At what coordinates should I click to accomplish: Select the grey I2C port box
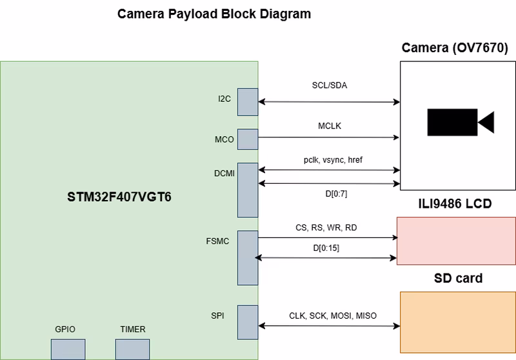[248, 101]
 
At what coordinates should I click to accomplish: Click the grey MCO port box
[248, 139]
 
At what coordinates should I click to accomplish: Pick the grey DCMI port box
[248, 190]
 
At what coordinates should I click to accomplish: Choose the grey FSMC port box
[248, 257]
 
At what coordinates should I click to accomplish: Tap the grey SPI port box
[248, 322]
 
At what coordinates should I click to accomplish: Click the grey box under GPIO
[68, 349]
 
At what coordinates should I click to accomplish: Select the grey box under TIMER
[132, 349]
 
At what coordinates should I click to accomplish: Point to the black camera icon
[460, 122]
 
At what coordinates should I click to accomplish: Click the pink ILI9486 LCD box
[456, 241]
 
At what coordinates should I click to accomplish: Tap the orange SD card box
[458, 321]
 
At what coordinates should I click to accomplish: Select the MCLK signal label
[329, 126]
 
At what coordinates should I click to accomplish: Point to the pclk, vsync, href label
[329, 159]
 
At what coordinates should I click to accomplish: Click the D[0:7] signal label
[329, 193]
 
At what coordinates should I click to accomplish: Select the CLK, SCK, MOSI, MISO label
[333, 316]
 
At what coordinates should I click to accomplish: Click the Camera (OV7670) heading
[455, 48]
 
